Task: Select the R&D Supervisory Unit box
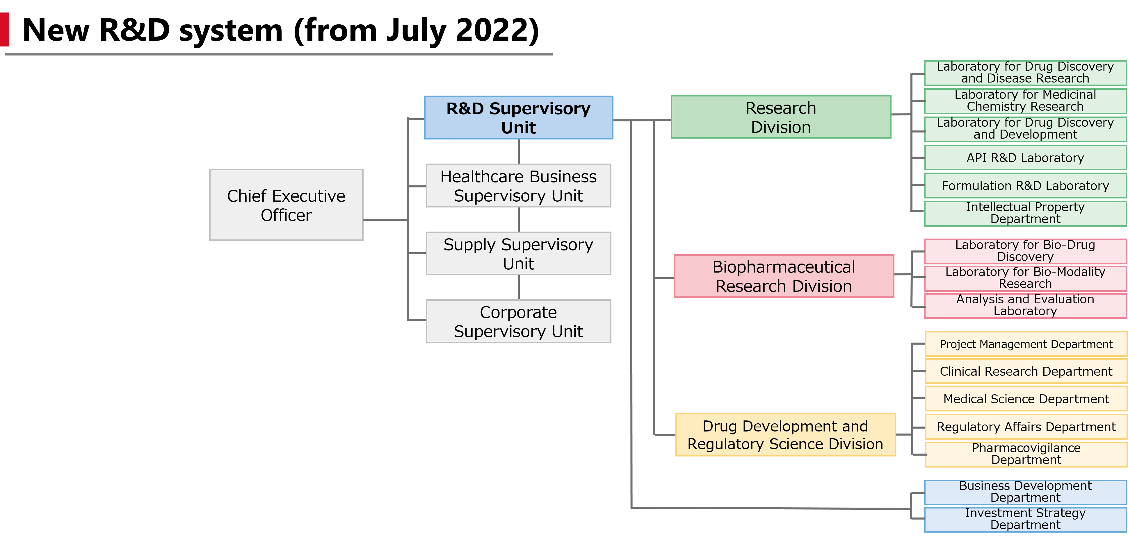(518, 118)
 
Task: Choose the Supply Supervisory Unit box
(518, 254)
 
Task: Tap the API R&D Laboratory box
(1025, 157)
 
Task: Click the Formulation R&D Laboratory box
(1025, 185)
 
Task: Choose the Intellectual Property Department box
(1025, 213)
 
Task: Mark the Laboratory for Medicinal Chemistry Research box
(1025, 101)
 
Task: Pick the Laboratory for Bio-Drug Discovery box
(1025, 251)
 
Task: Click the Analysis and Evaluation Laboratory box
(1025, 305)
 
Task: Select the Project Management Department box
(1026, 344)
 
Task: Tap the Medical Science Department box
(1026, 399)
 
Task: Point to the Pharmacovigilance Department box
(1026, 454)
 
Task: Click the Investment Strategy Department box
(1025, 519)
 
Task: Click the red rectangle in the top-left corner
(4, 29)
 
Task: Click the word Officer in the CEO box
(286, 215)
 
